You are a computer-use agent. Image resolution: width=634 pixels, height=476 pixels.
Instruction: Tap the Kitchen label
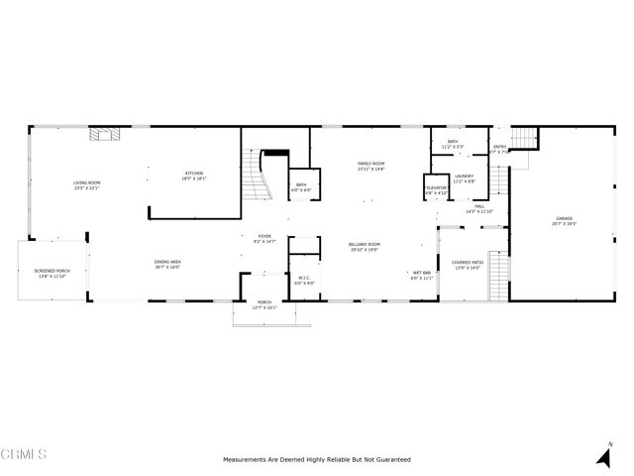[x=193, y=176]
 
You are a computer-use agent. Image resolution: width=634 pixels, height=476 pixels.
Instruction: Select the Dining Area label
[x=166, y=263]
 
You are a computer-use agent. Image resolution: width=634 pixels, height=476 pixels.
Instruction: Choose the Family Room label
[x=370, y=165]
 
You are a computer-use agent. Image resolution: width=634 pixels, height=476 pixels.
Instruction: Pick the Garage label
[x=564, y=220]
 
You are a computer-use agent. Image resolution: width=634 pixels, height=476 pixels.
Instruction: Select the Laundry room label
[x=465, y=178]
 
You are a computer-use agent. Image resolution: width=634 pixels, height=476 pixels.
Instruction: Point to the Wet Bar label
[x=421, y=276]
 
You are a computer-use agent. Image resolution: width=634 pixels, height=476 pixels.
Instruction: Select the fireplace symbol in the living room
[x=102, y=136]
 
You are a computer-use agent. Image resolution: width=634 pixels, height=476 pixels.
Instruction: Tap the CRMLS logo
[x=24, y=455]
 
